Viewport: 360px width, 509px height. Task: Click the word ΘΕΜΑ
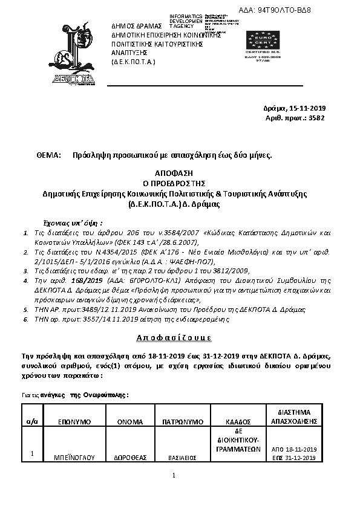(x=50, y=155)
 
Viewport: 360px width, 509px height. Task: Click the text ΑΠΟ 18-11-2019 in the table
(x=295, y=450)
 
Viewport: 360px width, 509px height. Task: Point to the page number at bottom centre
(x=173, y=475)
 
